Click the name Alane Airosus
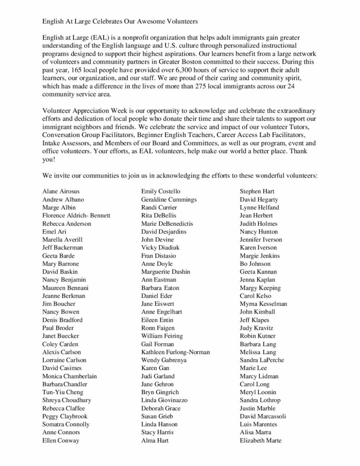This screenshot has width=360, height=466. (x=61, y=191)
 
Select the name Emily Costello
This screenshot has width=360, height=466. (x=161, y=191)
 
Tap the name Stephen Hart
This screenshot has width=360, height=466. (x=257, y=191)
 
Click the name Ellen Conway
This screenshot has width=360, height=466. (x=61, y=440)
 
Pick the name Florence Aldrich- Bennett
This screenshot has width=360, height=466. (x=76, y=215)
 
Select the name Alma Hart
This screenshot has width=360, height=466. (x=155, y=440)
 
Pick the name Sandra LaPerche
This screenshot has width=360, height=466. (x=263, y=360)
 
